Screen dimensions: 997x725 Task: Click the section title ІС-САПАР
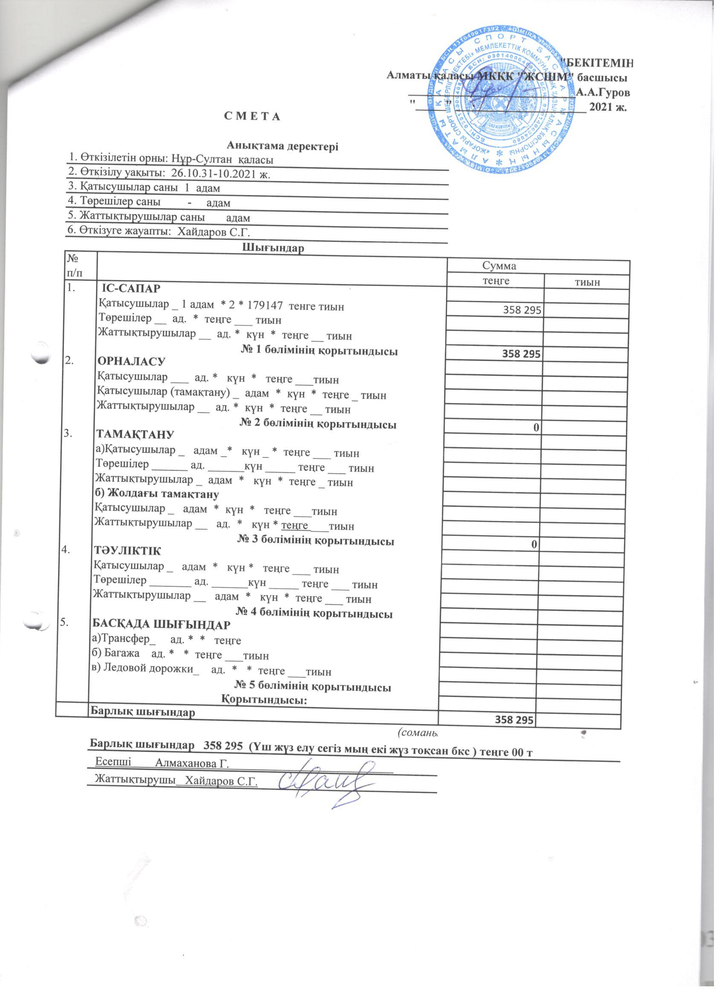coord(130,289)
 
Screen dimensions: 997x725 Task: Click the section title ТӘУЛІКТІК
coord(128,551)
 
